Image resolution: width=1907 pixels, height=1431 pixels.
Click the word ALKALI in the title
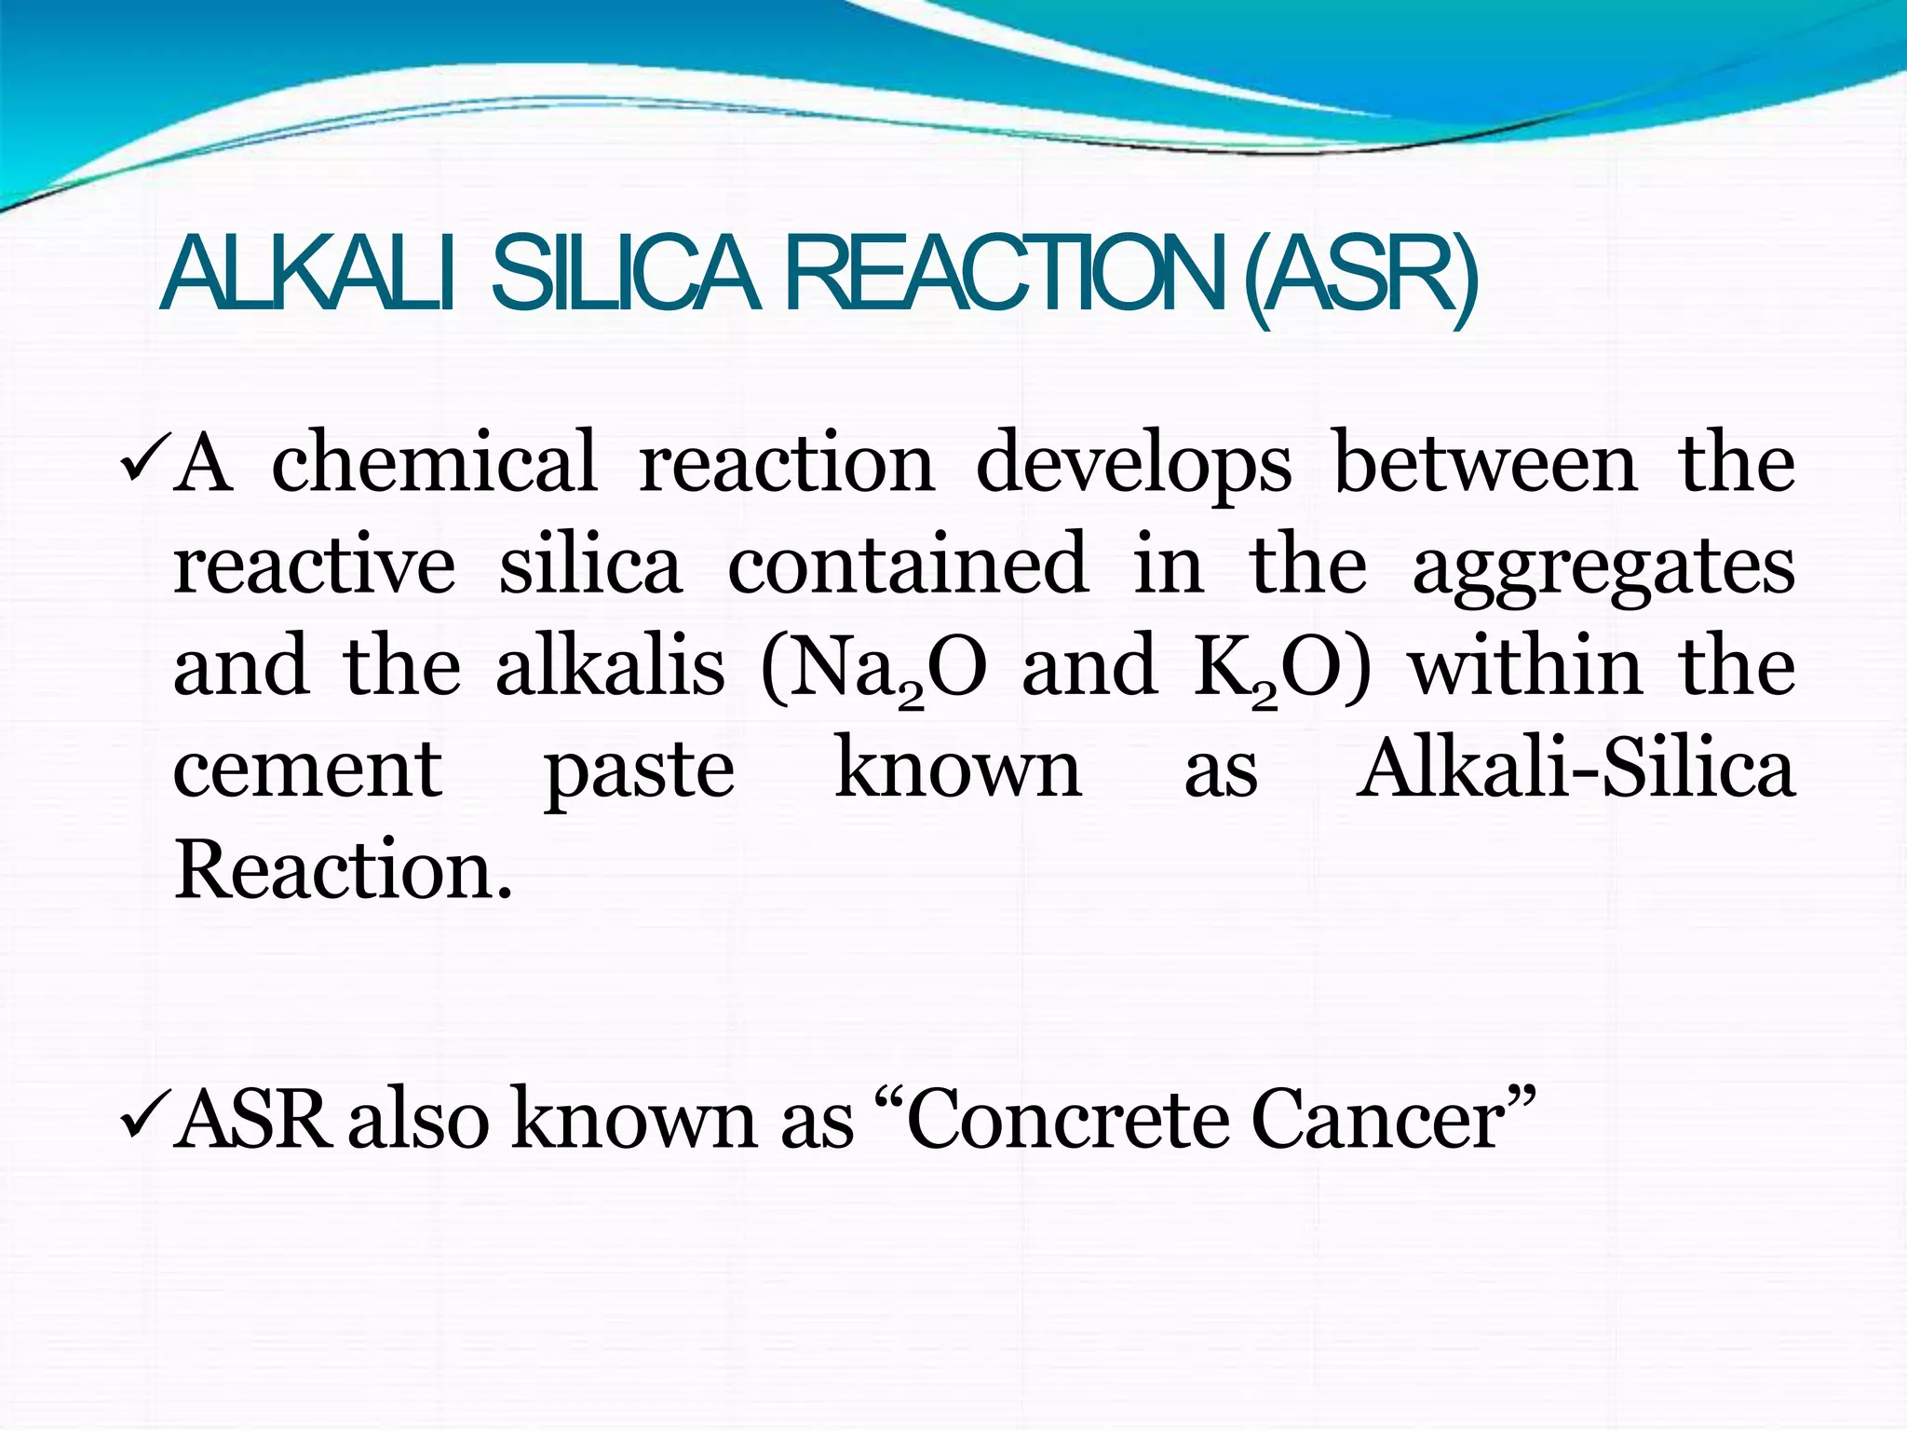[x=308, y=275]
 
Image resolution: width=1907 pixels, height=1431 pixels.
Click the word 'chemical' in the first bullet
[x=434, y=462]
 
